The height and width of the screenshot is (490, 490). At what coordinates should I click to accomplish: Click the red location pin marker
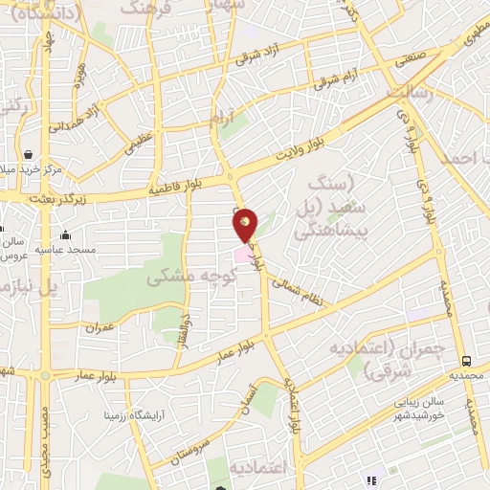click(x=246, y=225)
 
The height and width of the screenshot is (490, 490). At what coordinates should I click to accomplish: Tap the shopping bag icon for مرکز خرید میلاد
click(x=29, y=155)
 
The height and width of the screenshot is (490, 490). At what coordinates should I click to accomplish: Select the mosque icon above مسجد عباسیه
click(x=65, y=235)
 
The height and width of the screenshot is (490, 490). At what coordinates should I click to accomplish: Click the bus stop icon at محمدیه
click(x=466, y=361)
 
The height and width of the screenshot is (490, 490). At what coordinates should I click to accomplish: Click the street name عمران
click(x=99, y=326)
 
